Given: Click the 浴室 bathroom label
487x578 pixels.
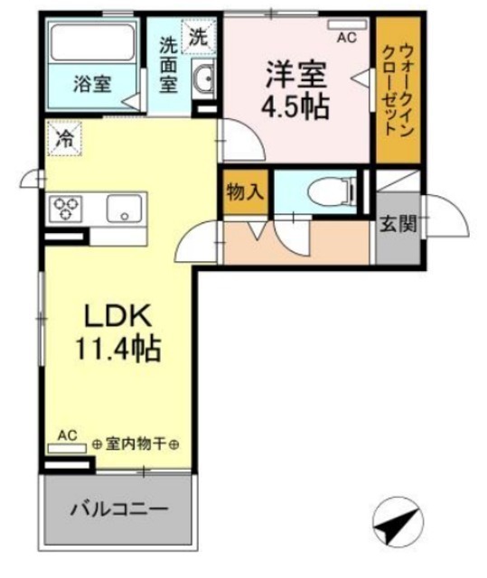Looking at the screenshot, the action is pyautogui.click(x=92, y=84).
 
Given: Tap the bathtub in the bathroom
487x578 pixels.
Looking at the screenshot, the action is pyautogui.click(x=92, y=42).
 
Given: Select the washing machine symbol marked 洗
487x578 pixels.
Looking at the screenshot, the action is pyautogui.click(x=198, y=37).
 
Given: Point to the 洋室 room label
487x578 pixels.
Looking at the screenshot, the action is pyautogui.click(x=295, y=75).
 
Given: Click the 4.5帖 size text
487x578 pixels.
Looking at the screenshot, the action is pyautogui.click(x=295, y=107).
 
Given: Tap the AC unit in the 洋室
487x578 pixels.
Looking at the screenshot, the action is pyautogui.click(x=347, y=24).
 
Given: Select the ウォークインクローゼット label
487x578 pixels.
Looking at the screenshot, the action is pyautogui.click(x=398, y=89).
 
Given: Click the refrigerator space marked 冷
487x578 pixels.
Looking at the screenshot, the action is pyautogui.click(x=64, y=138).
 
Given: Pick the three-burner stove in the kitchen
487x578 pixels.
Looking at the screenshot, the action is pyautogui.click(x=66, y=209).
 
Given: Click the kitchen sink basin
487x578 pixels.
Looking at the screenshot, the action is pyautogui.click(x=125, y=209).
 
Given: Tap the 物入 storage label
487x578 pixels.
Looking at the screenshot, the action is pyautogui.click(x=245, y=192).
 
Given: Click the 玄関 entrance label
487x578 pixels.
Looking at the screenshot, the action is pyautogui.click(x=398, y=223).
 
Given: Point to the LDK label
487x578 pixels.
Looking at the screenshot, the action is pyautogui.click(x=118, y=315).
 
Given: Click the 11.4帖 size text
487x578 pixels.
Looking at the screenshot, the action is pyautogui.click(x=118, y=348).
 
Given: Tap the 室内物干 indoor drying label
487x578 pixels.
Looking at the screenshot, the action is pyautogui.click(x=136, y=444).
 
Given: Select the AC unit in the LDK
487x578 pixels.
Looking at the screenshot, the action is pyautogui.click(x=67, y=448).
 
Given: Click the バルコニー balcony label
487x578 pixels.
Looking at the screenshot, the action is pyautogui.click(x=119, y=510).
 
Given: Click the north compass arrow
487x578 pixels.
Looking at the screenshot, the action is pyautogui.click(x=398, y=522).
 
